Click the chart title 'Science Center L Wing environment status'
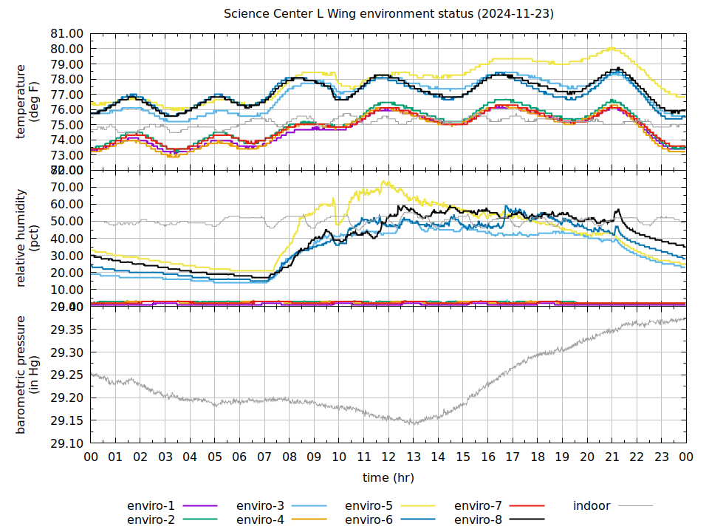point(388,14)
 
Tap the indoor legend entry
point(592,506)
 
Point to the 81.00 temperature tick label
point(66,34)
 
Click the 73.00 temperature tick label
point(66,155)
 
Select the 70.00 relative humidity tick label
point(66,188)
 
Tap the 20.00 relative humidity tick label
point(66,273)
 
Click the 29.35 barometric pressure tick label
point(66,330)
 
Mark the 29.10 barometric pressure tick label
point(66,443)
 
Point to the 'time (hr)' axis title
point(388,477)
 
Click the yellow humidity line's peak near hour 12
point(383,181)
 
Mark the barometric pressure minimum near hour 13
point(414,424)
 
